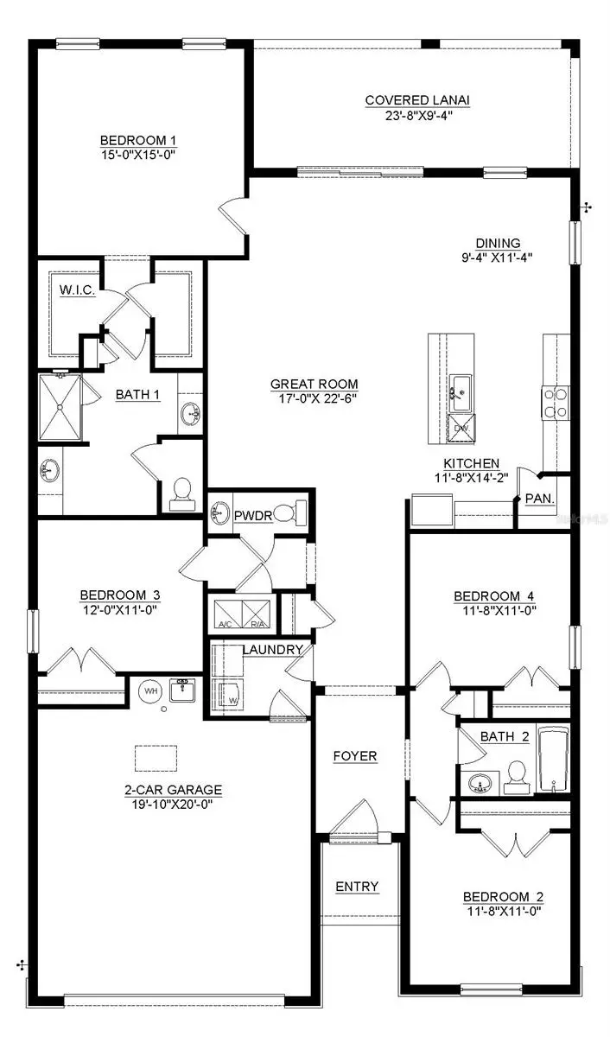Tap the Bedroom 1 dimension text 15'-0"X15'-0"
coord(144,155)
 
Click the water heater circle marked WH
coord(150,691)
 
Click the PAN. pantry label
coord(540,499)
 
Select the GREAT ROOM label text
coord(314,385)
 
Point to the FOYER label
coord(355,756)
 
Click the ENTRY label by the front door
coord(356,887)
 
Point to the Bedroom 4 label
coord(489,595)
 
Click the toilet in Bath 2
coord(517,775)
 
